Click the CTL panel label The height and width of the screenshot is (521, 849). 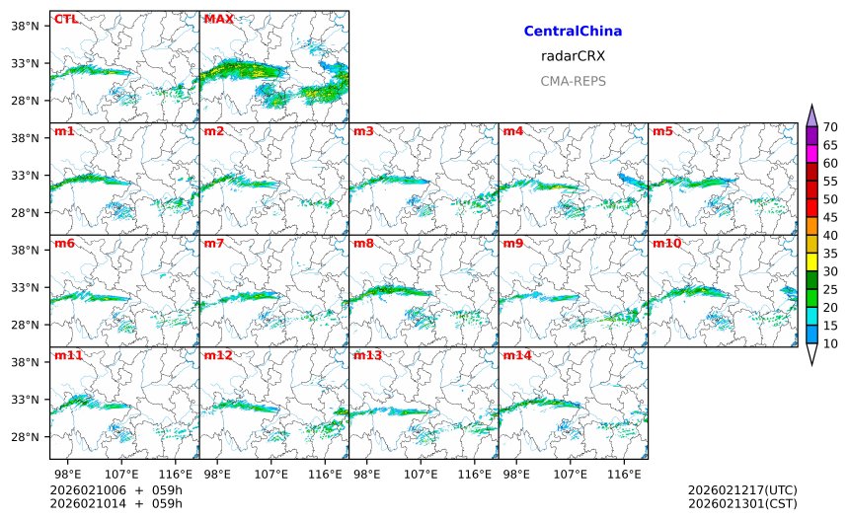[x=65, y=19]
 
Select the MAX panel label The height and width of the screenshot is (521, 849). [x=218, y=19]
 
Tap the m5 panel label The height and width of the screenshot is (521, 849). [x=662, y=131]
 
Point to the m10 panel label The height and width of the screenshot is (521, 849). [x=665, y=243]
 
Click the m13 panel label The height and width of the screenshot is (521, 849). [x=367, y=355]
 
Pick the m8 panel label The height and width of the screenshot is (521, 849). [x=363, y=243]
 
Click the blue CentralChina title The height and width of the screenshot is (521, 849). [x=573, y=32]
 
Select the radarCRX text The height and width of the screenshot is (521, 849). [x=573, y=56]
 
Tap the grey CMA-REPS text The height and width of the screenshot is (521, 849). [x=573, y=81]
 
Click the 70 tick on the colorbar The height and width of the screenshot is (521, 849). [x=831, y=126]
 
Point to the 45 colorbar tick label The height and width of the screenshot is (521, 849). [x=831, y=217]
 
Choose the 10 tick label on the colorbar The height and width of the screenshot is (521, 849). [x=831, y=343]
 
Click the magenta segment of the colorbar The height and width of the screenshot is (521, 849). [x=811, y=154]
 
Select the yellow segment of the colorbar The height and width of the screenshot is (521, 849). [x=811, y=262]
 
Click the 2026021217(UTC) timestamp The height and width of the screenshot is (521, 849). [x=742, y=490]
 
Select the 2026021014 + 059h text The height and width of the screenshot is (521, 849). [x=116, y=504]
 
